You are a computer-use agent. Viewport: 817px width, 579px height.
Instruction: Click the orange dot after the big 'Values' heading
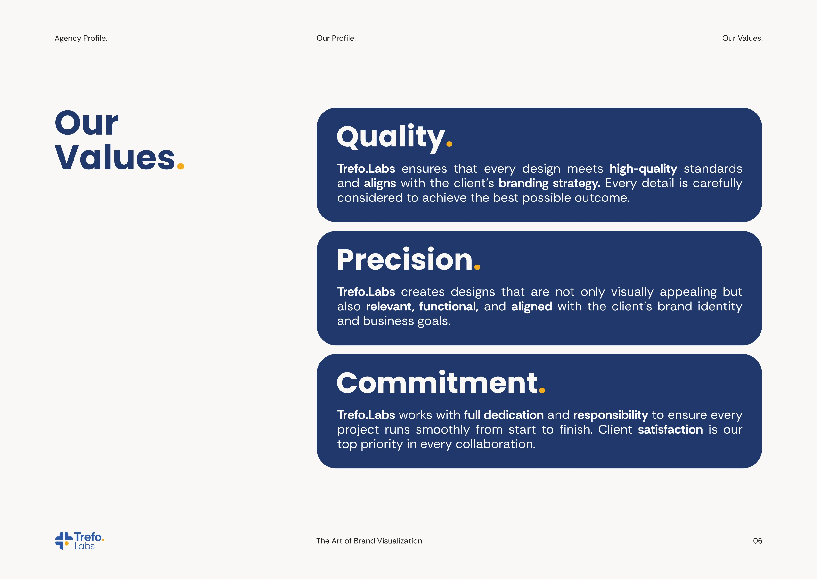tap(181, 166)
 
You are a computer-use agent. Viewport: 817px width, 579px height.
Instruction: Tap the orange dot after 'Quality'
tap(449, 144)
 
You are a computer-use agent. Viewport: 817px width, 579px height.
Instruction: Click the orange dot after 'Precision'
tap(477, 267)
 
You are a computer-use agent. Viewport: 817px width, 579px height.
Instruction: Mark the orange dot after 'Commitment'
tap(542, 390)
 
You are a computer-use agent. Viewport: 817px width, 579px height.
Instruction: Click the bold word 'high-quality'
tap(643, 169)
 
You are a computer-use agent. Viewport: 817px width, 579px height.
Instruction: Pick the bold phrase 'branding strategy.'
tap(549, 184)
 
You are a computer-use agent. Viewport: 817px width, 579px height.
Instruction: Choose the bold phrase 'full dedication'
tap(504, 415)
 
